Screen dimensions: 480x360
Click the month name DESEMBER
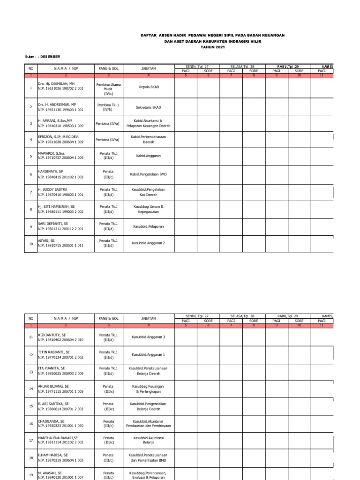[x=50, y=57]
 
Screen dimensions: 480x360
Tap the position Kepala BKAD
[x=148, y=87]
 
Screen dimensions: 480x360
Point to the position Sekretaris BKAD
[x=148, y=107]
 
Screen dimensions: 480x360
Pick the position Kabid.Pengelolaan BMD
[x=148, y=174]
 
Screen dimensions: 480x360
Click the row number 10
[x=31, y=244]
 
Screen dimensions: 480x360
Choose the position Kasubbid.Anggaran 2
[x=148, y=243]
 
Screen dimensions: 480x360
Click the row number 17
[x=31, y=441]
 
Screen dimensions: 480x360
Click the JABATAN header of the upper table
[x=148, y=68]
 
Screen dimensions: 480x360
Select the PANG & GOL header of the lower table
[x=108, y=318]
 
